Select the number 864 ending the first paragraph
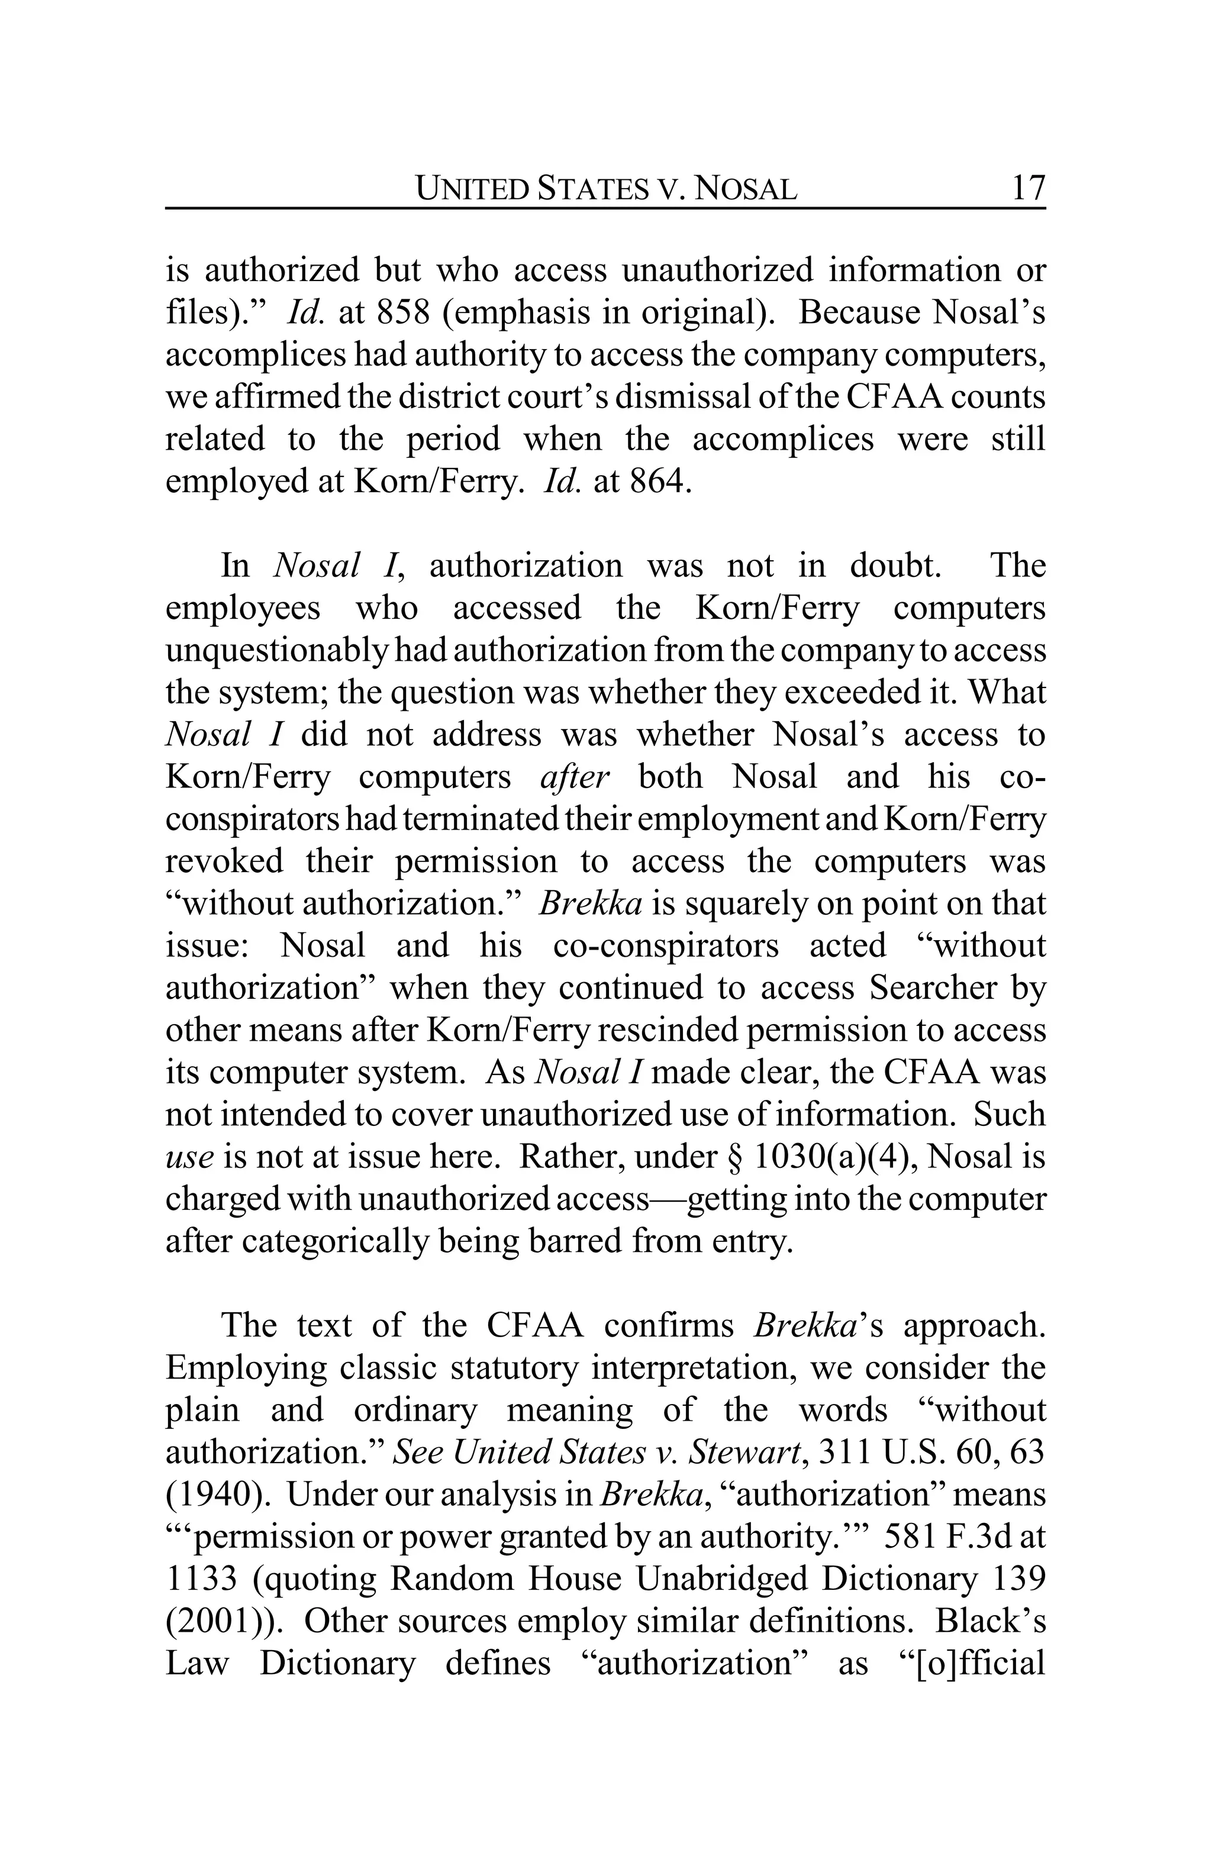tap(660, 482)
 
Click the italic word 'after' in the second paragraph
tap(574, 777)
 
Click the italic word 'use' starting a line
tap(189, 1157)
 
